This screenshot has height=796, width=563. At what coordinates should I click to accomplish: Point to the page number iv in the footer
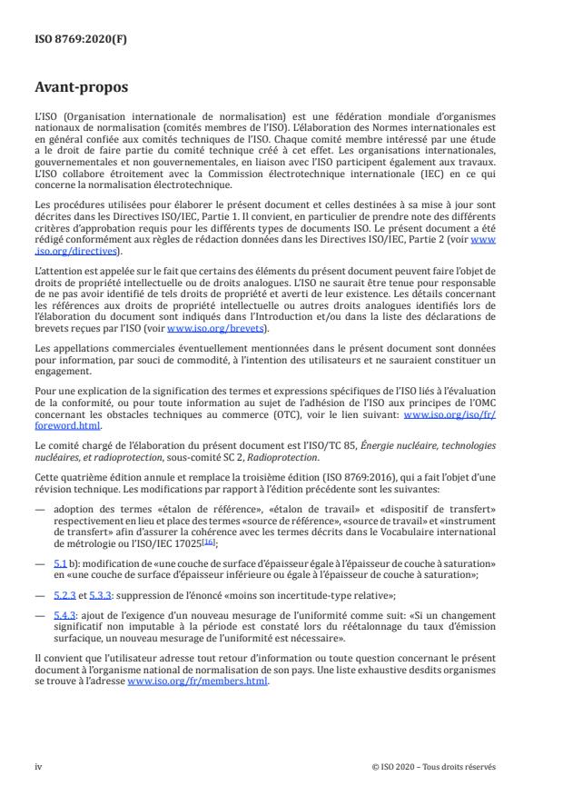(x=38, y=766)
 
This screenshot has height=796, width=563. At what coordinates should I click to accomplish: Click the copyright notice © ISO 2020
(x=433, y=766)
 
